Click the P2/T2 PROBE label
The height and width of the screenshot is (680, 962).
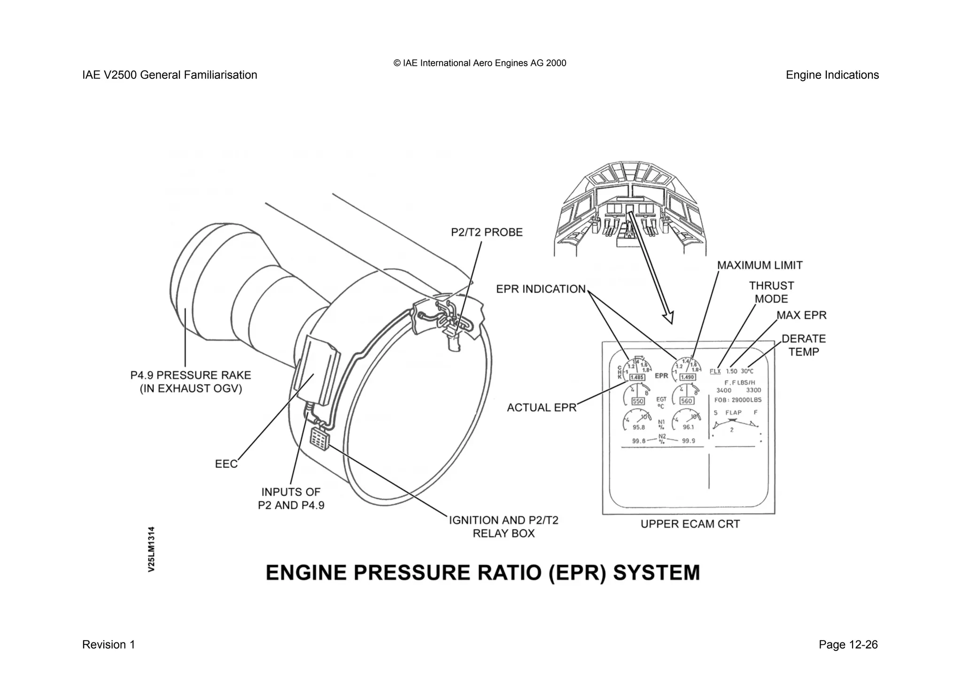point(487,232)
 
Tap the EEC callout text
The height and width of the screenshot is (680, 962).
point(226,464)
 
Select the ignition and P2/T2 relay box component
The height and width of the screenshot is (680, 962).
point(319,440)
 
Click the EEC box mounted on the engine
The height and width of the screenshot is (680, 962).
point(316,371)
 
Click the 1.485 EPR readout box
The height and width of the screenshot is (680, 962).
point(637,377)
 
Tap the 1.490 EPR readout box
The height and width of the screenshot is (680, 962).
point(688,377)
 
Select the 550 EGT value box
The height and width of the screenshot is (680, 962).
point(638,401)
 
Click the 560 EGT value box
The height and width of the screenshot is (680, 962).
point(686,401)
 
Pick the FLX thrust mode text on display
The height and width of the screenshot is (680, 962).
point(715,371)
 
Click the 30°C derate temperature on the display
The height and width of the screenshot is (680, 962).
point(747,371)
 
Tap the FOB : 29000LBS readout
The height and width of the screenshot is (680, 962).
point(738,400)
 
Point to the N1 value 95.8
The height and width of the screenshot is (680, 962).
point(638,428)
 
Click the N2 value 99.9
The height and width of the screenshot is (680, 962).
point(688,441)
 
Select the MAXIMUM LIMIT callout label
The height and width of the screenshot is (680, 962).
point(760,266)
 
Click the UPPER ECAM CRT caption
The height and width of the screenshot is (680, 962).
point(690,524)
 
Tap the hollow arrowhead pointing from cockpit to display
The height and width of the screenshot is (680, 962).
point(668,317)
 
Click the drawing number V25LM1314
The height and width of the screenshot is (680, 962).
point(151,549)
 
